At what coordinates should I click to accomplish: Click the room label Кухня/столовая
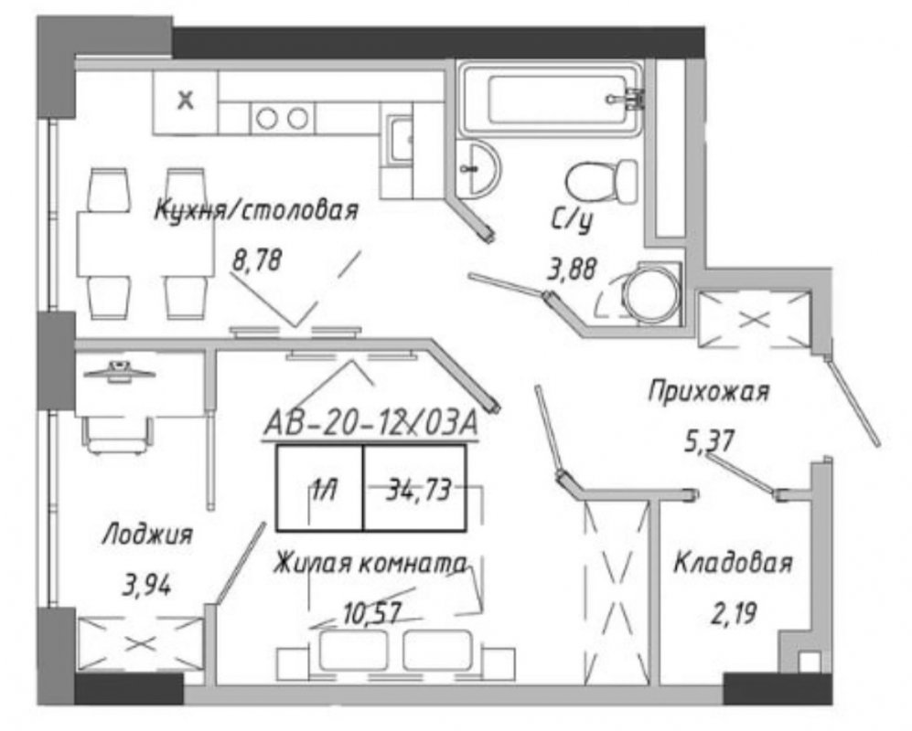pyautogui.click(x=256, y=210)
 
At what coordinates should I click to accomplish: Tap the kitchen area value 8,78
pyautogui.click(x=256, y=260)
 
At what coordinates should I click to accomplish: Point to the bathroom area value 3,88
pyautogui.click(x=573, y=270)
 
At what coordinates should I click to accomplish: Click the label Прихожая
pyautogui.click(x=708, y=391)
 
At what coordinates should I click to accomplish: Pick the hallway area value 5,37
pyautogui.click(x=708, y=440)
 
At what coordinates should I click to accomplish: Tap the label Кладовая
pyautogui.click(x=734, y=563)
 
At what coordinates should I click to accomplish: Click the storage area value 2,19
pyautogui.click(x=734, y=613)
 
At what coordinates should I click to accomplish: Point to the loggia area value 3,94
pyautogui.click(x=147, y=585)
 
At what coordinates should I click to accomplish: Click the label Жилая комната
pyautogui.click(x=370, y=564)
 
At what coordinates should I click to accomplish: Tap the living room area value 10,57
pyautogui.click(x=373, y=613)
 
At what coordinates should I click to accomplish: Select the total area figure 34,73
pyautogui.click(x=419, y=489)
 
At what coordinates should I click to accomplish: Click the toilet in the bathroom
pyautogui.click(x=601, y=181)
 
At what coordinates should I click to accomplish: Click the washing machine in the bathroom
pyautogui.click(x=652, y=293)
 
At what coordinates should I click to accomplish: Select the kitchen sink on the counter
pyautogui.click(x=400, y=140)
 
